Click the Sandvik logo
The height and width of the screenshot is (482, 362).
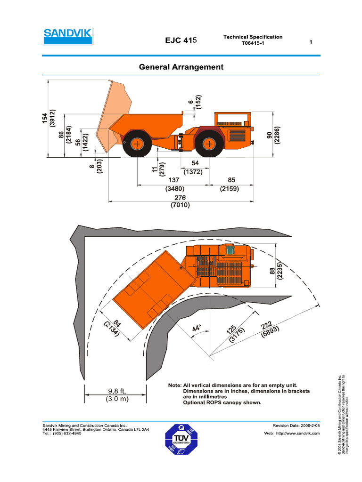67,36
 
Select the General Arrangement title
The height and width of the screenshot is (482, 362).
181,67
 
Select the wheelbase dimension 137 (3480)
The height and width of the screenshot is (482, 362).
170,184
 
